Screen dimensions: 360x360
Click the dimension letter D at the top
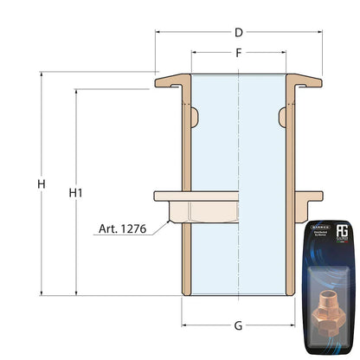click(x=237, y=34)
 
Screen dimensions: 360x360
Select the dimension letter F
click(x=237, y=54)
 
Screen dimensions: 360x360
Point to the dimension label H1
click(x=75, y=192)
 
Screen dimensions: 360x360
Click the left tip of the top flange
click(x=157, y=83)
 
